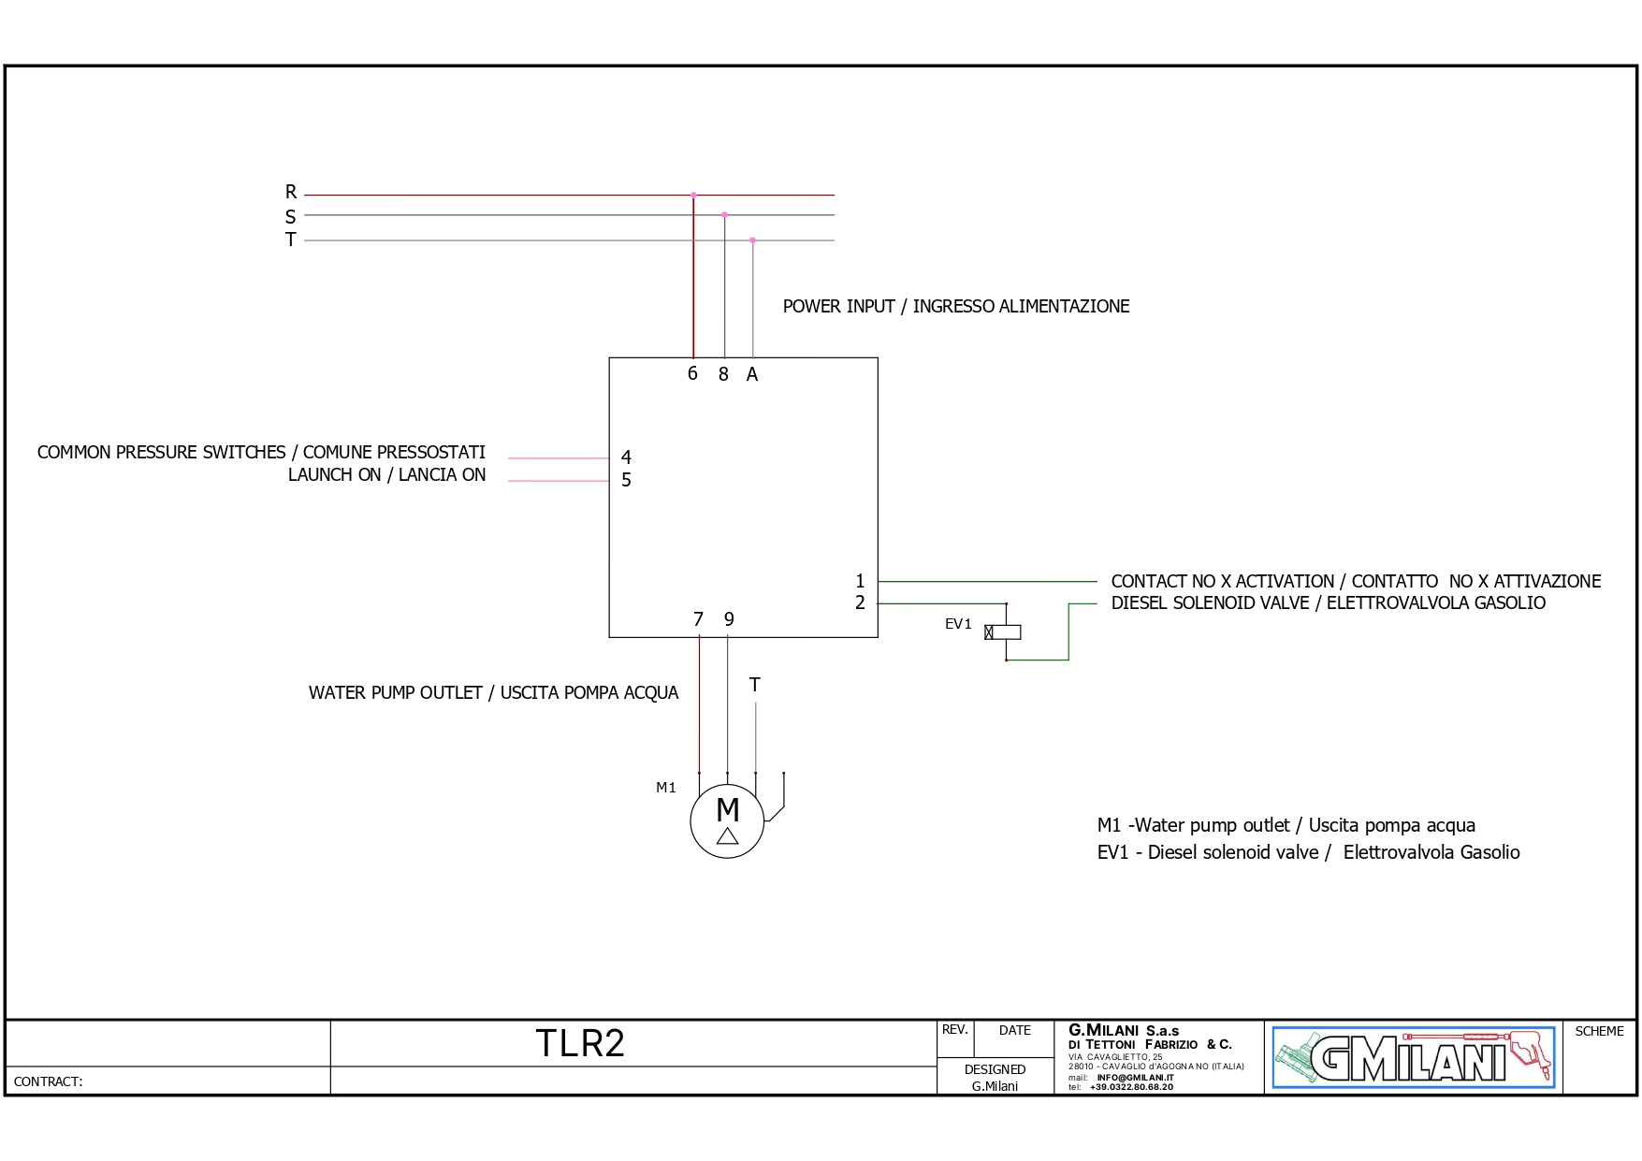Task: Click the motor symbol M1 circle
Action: [x=727, y=820]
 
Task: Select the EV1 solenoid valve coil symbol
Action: [x=1004, y=632]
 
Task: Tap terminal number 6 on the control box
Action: [x=692, y=374]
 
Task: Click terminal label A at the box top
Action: [x=752, y=375]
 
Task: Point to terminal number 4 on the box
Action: [x=626, y=457]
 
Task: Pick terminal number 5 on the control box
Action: [x=626, y=480]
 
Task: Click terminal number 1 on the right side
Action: [x=860, y=581]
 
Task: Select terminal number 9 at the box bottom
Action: [x=729, y=619]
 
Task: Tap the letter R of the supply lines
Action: [x=291, y=192]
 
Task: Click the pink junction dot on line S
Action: [x=724, y=215]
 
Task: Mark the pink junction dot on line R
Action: [x=693, y=195]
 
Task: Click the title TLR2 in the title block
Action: [x=580, y=1043]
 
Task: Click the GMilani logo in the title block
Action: [x=1413, y=1057]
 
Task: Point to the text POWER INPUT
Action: [x=838, y=307]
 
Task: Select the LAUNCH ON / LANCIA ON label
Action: [x=386, y=475]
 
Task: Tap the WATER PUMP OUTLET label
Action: [x=395, y=693]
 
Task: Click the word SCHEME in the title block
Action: [x=1599, y=1031]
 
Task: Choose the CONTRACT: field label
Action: [x=49, y=1081]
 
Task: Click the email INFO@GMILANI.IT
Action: [x=1135, y=1078]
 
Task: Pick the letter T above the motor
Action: [x=755, y=685]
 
